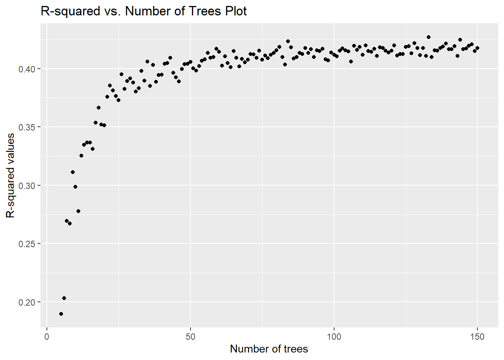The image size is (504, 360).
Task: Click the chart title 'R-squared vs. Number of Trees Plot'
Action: (144, 11)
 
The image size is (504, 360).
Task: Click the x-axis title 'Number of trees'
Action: (269, 349)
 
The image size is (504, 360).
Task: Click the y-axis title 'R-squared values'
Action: (10, 175)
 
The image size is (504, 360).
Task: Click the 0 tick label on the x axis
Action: (47, 337)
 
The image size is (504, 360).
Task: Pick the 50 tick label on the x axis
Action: (190, 337)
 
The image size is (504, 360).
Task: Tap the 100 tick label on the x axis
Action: (334, 337)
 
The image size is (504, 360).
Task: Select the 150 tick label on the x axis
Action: (477, 337)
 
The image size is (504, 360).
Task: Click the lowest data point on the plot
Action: (61, 314)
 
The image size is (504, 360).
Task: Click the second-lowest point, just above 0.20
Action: (64, 298)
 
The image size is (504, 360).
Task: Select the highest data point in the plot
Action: (429, 37)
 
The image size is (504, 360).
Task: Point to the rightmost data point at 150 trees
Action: (477, 48)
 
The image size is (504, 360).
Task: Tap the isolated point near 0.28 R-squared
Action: (78, 211)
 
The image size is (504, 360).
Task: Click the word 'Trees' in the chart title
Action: (205, 11)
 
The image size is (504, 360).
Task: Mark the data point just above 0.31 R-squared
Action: (73, 172)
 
